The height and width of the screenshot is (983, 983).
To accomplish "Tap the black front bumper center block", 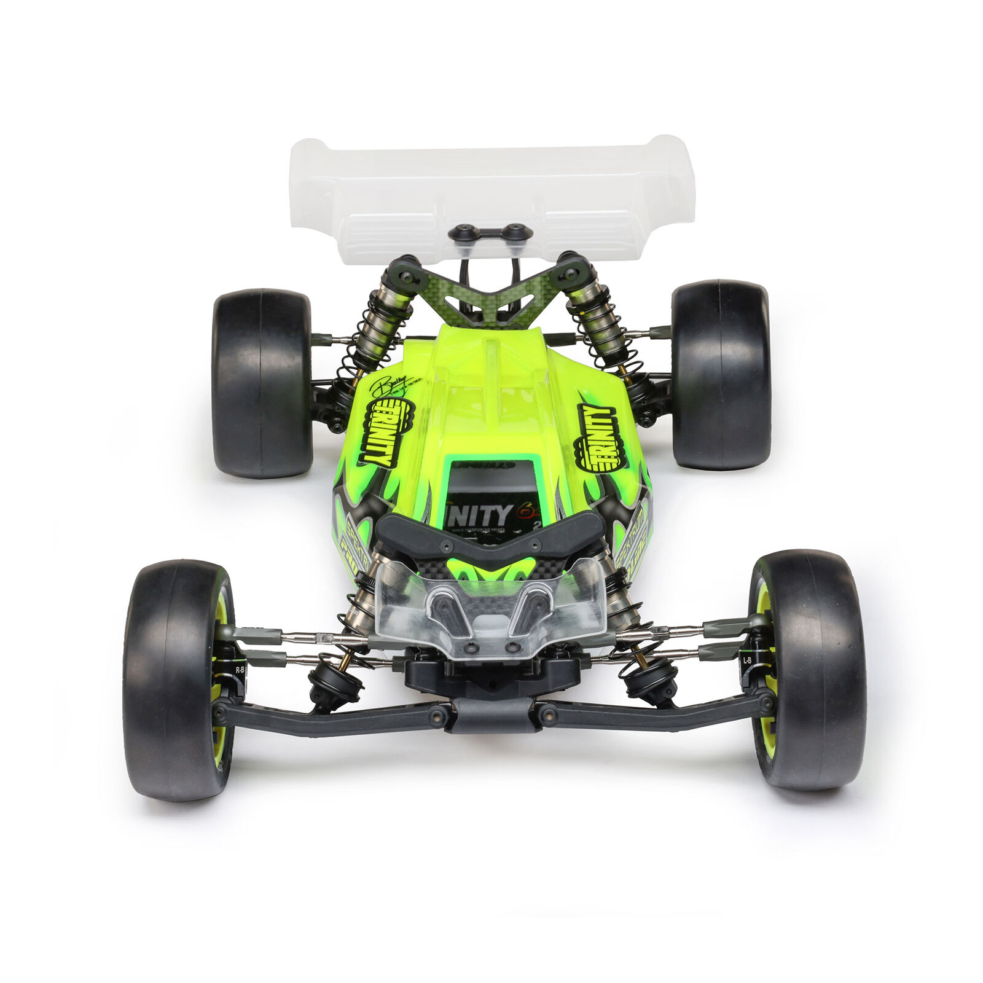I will tap(495, 715).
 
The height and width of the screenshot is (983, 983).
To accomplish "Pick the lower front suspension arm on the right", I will tap(651, 715).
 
